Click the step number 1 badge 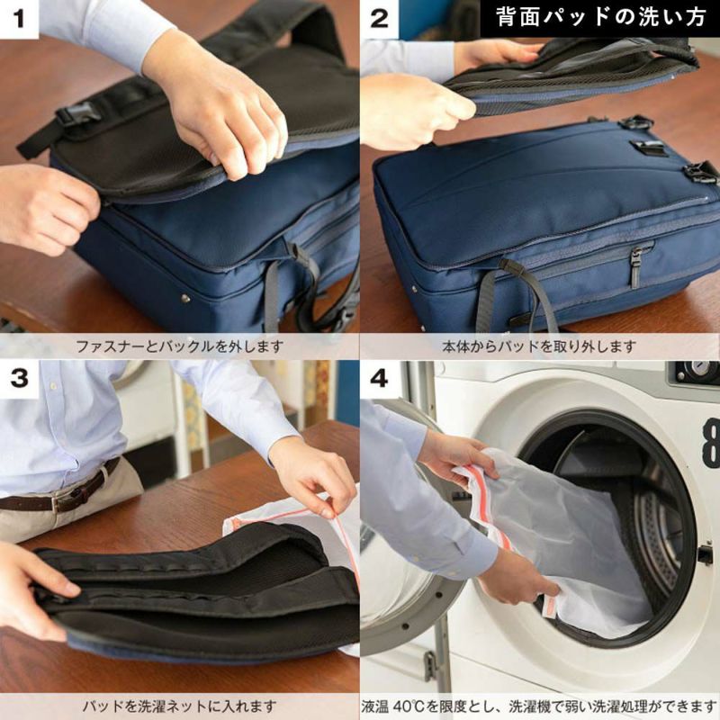click(x=19, y=19)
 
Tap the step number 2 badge click(x=379, y=19)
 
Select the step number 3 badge click(x=19, y=379)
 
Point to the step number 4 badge click(x=379, y=379)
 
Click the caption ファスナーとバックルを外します click(x=180, y=346)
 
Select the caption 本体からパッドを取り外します click(x=539, y=346)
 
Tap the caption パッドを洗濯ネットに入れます click(x=180, y=706)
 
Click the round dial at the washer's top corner click(x=697, y=371)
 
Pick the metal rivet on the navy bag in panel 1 click(x=185, y=298)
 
